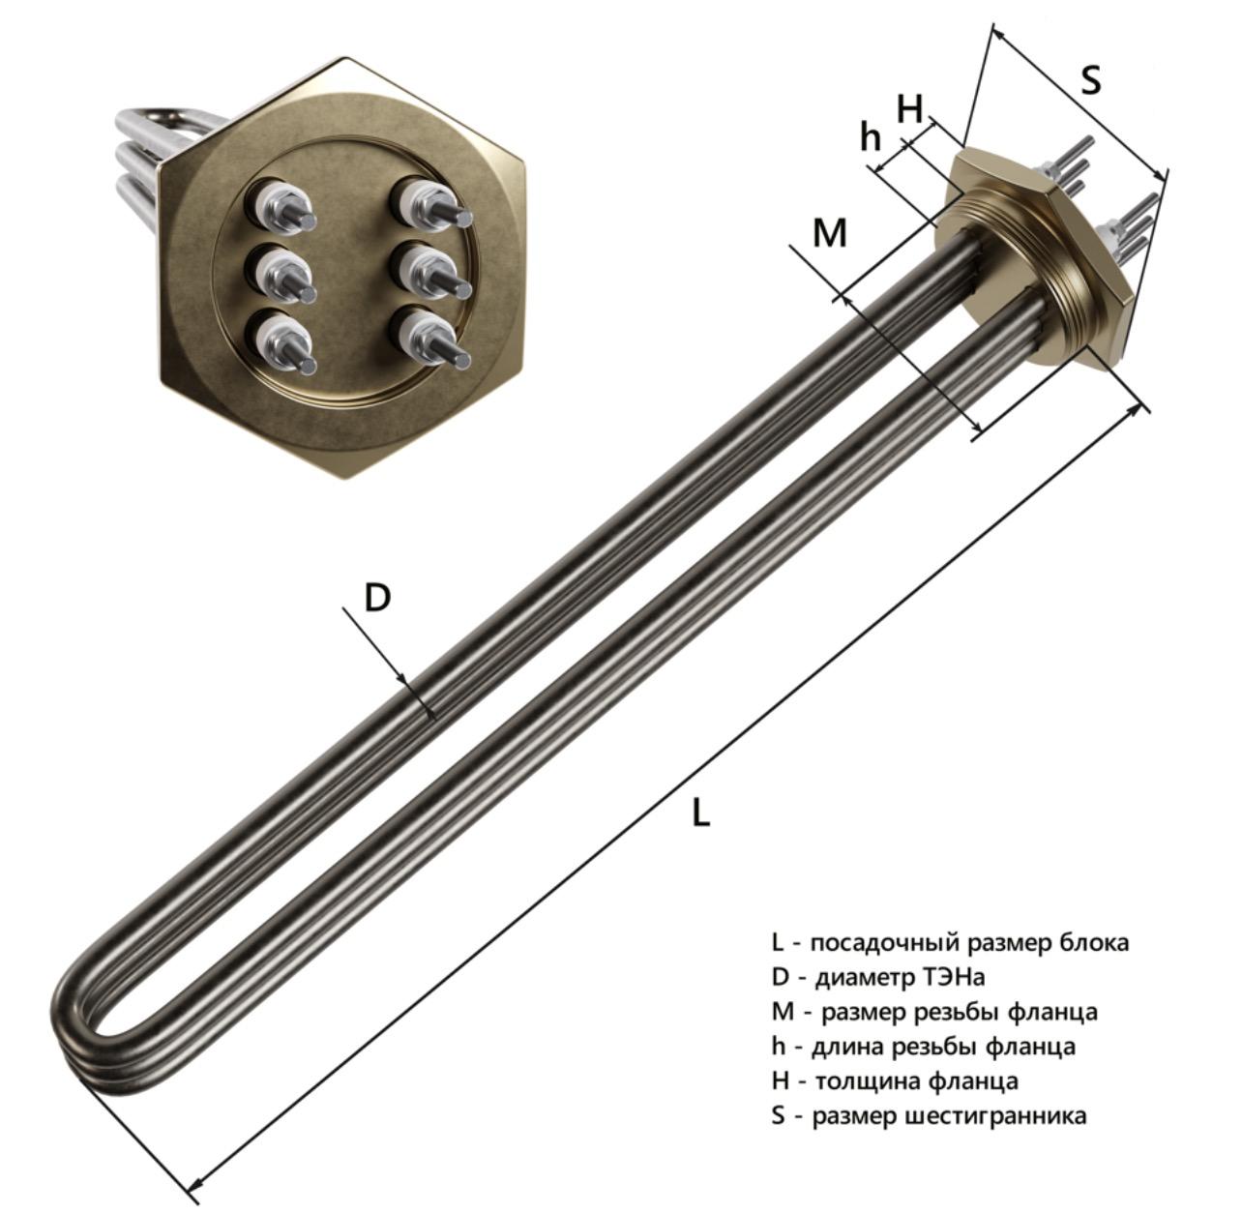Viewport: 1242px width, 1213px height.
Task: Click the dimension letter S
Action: (1091, 81)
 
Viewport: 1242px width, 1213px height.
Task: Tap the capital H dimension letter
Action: (909, 108)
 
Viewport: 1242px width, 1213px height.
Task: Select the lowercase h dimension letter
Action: (871, 136)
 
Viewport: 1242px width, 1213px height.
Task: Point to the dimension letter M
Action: (830, 233)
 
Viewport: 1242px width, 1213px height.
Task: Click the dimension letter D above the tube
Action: (377, 598)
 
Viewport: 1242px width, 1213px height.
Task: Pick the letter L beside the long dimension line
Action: (700, 813)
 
